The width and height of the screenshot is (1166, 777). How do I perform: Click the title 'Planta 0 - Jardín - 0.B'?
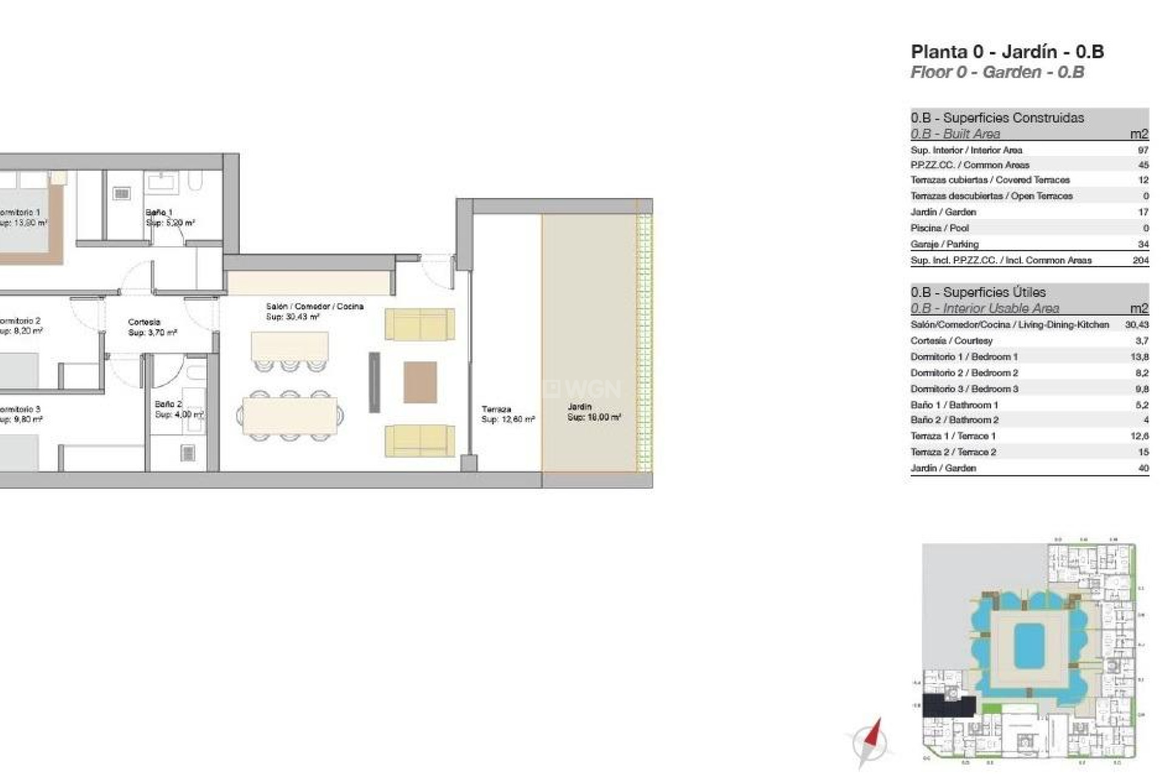pos(1007,52)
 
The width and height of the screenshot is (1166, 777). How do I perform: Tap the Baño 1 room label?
pos(159,212)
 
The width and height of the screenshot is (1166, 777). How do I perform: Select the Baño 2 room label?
pos(168,404)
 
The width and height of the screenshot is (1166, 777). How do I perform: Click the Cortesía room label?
pos(144,322)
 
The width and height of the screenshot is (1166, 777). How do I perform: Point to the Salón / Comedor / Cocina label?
pos(315,307)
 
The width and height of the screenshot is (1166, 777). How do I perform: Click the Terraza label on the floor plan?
pos(496,409)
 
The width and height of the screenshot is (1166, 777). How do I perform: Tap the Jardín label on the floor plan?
pos(579,407)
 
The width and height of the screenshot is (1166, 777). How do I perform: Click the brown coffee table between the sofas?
pos(420,382)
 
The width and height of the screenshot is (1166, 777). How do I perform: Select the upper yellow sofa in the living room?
pos(420,324)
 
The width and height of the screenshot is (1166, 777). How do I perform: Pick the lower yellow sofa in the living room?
pos(420,441)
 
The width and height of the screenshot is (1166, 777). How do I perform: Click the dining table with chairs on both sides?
pos(290,416)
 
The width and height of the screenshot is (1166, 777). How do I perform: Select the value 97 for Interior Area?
pos(1143,150)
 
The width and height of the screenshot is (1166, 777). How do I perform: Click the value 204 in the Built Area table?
pos(1140,260)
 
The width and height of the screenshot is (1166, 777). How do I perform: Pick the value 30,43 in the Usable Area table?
pos(1136,325)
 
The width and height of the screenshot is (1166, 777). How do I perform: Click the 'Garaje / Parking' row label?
pos(944,244)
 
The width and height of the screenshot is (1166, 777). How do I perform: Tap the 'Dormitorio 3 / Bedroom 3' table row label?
pos(964,389)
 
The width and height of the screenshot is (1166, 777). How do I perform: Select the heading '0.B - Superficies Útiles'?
pos(977,292)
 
